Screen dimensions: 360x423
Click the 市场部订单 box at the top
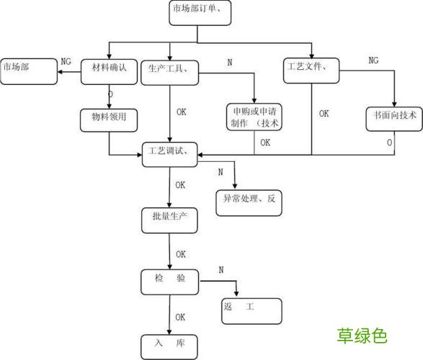(202, 12)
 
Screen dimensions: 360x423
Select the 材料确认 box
(109, 69)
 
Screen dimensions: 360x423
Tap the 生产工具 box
(169, 69)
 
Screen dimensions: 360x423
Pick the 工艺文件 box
(311, 69)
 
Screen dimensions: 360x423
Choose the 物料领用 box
(109, 118)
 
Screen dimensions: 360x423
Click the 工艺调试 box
(169, 153)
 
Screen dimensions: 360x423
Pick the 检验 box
(169, 279)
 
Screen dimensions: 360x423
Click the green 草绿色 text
(362, 336)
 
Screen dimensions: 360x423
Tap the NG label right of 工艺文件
(373, 60)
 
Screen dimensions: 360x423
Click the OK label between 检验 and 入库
(180, 317)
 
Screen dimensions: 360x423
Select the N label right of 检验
(221, 269)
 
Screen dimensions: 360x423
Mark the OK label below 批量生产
(180, 254)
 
